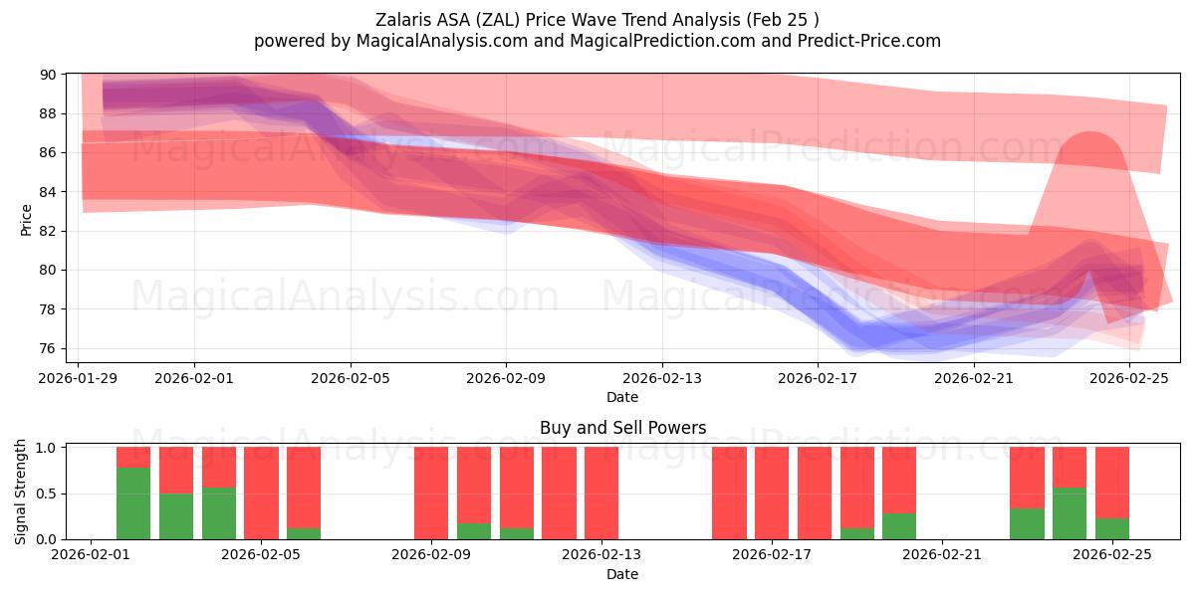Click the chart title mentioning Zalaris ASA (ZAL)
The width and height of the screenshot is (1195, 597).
tap(597, 19)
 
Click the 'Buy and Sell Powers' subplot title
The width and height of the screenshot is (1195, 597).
tap(622, 428)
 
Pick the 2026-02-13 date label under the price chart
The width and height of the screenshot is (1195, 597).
tap(661, 378)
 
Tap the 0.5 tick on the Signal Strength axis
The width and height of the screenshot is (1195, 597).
tap(45, 494)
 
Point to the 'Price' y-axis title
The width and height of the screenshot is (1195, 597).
tap(26, 219)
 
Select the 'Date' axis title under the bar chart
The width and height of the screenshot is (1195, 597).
tap(622, 574)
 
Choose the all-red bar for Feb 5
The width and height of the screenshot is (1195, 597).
tap(261, 493)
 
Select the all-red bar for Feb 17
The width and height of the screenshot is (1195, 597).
tap(772, 493)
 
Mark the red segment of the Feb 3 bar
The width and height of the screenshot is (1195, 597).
tap(176, 470)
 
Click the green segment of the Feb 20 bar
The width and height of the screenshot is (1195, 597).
tap(899, 526)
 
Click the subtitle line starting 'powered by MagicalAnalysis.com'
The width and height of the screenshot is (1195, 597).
tap(597, 41)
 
